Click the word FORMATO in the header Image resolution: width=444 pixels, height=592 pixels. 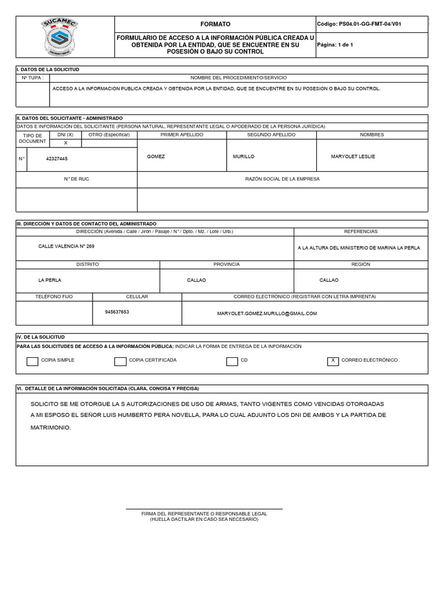215,24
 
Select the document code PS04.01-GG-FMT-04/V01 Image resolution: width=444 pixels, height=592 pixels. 359,24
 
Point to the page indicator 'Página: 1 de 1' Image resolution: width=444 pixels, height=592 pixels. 335,45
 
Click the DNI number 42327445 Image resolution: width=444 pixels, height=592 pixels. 57,158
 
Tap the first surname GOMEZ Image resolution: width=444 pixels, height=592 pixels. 156,157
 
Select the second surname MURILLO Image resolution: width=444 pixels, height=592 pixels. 243,157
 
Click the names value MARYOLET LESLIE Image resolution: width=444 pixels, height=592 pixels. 353,157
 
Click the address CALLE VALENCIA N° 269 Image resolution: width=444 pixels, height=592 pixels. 66,246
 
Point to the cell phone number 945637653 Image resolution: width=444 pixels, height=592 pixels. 117,312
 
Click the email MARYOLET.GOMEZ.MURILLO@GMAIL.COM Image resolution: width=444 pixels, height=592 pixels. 267,313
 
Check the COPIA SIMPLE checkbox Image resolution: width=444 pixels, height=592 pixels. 32,362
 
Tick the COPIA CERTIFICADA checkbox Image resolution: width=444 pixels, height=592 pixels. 120,362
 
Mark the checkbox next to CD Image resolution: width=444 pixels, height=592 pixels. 232,362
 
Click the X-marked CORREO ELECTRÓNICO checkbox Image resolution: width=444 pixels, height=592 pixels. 333,361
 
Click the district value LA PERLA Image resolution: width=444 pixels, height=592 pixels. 50,280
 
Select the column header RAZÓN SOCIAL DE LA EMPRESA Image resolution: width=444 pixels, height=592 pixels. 282,179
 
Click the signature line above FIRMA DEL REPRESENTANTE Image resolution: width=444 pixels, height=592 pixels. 204,508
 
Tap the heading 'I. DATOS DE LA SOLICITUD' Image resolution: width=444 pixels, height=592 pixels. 48,69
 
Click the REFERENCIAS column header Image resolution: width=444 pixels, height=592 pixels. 361,231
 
